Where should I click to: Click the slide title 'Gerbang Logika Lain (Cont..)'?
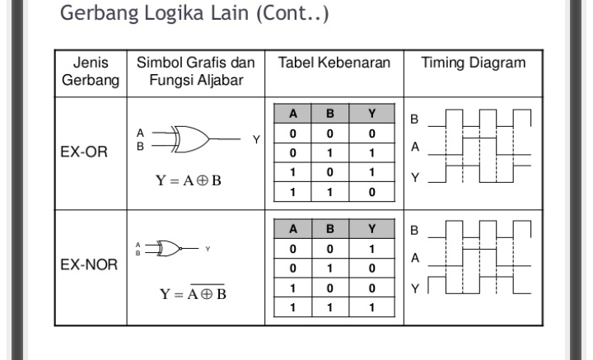194,16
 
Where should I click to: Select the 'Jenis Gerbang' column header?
91,72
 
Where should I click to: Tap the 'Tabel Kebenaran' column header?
333,63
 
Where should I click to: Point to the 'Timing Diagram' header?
473,63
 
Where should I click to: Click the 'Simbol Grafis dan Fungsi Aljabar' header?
195,72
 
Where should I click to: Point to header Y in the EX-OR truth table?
371,115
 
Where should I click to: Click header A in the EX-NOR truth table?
292,230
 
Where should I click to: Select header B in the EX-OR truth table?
331,115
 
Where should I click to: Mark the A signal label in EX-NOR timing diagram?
415,259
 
